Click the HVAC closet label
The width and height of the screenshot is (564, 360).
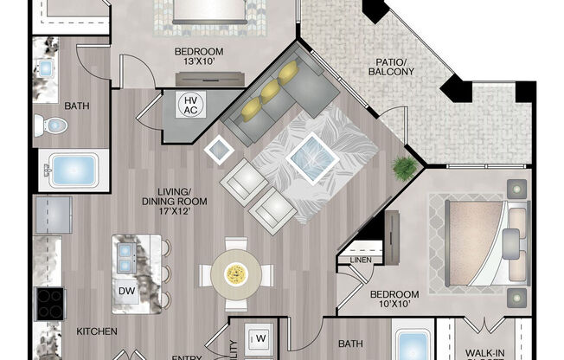pyautogui.click(x=190, y=106)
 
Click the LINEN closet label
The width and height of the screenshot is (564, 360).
pyautogui.click(x=361, y=260)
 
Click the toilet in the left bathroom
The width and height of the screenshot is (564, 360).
pyautogui.click(x=54, y=126)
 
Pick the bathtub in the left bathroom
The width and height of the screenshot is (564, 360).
pyautogui.click(x=73, y=169)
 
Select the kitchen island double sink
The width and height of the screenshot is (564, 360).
pyautogui.click(x=125, y=254)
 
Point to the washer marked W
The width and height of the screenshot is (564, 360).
pyautogui.click(x=259, y=336)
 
